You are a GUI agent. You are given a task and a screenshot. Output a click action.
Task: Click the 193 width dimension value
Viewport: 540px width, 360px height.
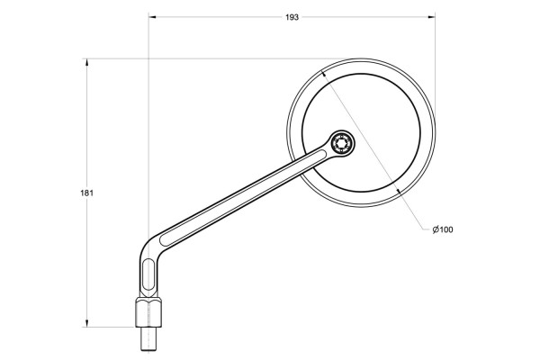[292, 18]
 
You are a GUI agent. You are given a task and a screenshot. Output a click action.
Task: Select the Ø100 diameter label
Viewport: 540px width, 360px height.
[442, 230]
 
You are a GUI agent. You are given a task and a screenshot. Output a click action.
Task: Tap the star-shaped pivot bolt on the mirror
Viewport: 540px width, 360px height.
[342, 142]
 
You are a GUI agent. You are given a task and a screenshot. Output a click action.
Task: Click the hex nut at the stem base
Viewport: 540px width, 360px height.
[148, 314]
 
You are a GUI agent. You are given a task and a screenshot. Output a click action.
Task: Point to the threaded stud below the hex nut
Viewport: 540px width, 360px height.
[148, 342]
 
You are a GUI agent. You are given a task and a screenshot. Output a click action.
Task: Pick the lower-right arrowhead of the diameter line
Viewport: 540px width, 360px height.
[397, 192]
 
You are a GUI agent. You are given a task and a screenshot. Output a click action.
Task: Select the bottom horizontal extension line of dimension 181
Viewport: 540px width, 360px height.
[108, 328]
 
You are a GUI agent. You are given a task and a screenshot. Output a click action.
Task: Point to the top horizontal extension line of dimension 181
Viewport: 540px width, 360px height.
[180, 58]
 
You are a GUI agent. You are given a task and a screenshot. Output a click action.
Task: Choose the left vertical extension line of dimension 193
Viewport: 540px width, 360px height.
[148, 135]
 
